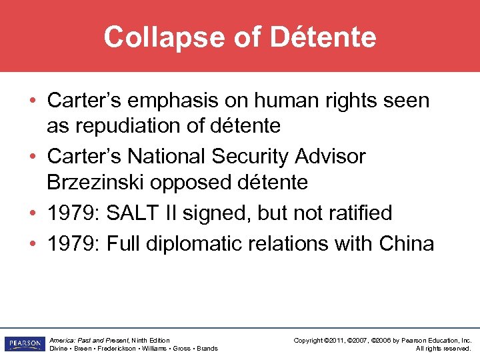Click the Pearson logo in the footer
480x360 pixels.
pos(23,344)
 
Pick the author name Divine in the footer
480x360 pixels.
pos(59,348)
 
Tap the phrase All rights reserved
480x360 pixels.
pos(443,348)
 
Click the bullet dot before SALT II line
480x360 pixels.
pos(33,213)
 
